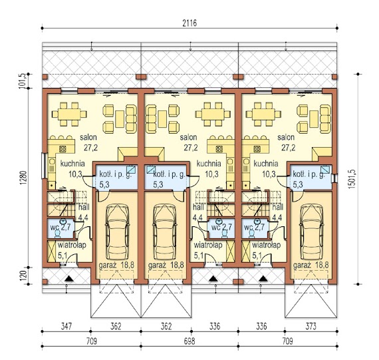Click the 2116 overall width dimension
[x=189, y=23]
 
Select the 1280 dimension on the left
[x=23, y=178]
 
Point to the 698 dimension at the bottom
[x=189, y=341]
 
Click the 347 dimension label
[x=66, y=326]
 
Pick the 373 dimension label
[x=311, y=326]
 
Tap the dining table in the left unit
[x=69, y=114]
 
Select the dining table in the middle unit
[x=213, y=114]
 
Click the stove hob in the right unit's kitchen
[x=257, y=149]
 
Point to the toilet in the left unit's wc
[x=58, y=233]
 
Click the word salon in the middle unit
[x=188, y=138]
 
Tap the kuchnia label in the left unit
[x=72, y=164]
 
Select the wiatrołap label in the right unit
[x=267, y=245]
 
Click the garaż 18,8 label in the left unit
[x=116, y=265]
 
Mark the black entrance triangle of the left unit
[x=69, y=279]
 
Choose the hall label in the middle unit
[x=198, y=207]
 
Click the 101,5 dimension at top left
[x=22, y=81]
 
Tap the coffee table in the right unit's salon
[x=314, y=119]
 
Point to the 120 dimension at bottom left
[x=23, y=275]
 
